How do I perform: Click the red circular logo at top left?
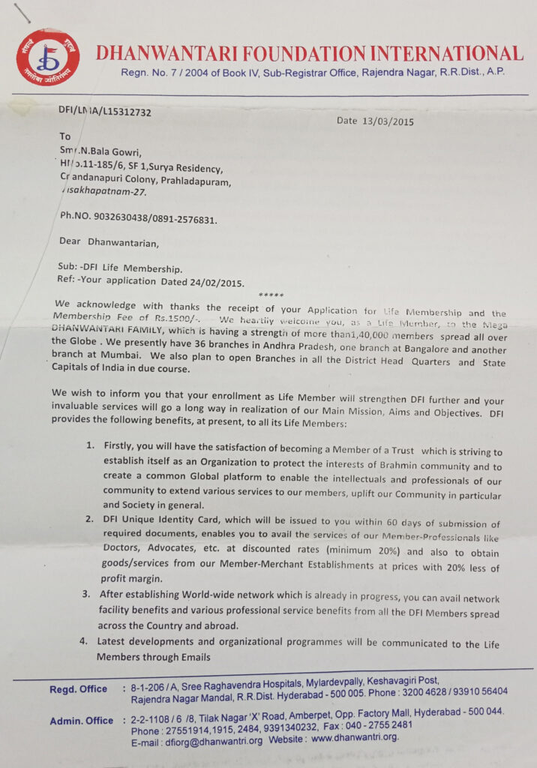(47, 57)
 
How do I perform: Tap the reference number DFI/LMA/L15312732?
(105, 112)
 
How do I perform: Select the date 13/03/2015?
(387, 121)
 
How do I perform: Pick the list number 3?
(88, 594)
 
